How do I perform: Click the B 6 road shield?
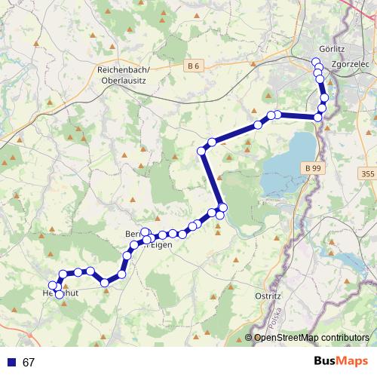(x=194, y=66)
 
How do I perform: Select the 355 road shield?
(x=367, y=174)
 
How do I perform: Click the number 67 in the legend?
(x=29, y=362)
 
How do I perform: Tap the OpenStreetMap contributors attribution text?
(x=311, y=338)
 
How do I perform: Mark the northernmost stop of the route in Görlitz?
(x=316, y=62)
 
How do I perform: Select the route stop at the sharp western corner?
(x=201, y=152)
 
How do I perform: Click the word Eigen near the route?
(x=163, y=244)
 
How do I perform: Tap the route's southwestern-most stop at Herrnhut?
(x=60, y=293)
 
